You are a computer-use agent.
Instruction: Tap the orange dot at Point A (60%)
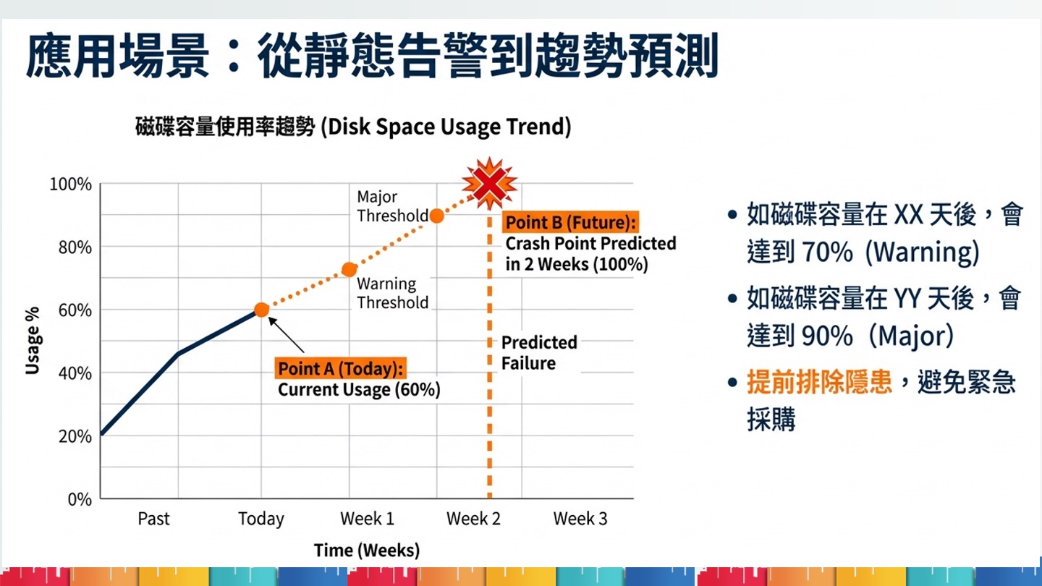point(261,310)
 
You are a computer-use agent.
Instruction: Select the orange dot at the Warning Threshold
point(349,270)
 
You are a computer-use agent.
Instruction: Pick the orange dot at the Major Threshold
point(436,216)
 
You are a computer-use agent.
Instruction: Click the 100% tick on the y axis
point(71,184)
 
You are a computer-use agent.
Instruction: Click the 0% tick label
point(79,499)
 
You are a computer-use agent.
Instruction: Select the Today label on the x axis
point(261,519)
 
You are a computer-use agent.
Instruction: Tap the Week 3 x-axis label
point(580,519)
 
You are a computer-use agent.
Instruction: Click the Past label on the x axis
point(153,519)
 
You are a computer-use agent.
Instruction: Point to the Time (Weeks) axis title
point(367,551)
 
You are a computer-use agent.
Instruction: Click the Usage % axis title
point(33,340)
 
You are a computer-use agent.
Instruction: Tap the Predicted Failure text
point(539,352)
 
